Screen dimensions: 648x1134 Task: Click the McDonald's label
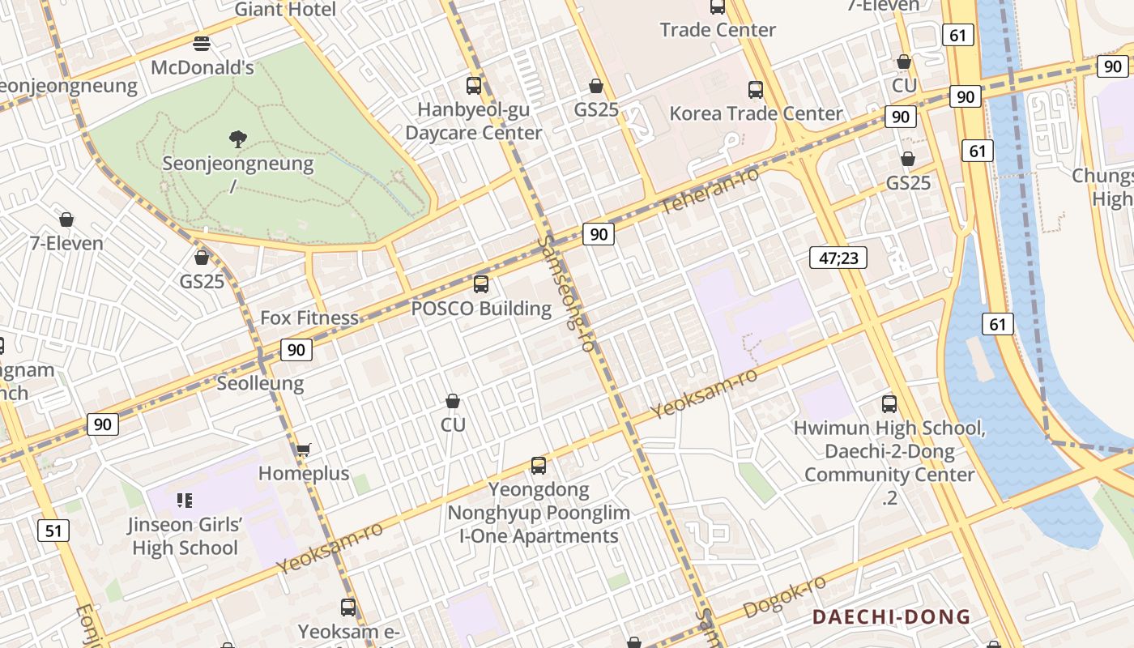point(202,67)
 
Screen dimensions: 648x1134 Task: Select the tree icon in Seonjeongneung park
point(238,139)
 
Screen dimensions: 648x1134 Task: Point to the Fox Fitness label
point(309,318)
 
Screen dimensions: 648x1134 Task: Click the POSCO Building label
point(481,309)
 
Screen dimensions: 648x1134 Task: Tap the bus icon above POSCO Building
point(481,284)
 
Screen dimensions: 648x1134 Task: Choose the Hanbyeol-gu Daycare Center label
point(474,121)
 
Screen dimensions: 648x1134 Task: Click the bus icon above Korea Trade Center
point(756,90)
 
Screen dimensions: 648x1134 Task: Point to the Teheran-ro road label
point(710,191)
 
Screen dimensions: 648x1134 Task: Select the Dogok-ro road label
point(784,598)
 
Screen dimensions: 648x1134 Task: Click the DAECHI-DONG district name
point(891,617)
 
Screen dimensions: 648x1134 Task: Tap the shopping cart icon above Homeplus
point(304,450)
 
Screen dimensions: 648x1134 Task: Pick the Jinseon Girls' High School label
point(185,535)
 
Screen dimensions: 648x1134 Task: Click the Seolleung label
point(260,383)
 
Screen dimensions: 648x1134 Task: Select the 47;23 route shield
point(838,258)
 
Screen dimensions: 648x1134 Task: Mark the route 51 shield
point(53,531)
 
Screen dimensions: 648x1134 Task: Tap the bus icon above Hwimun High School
point(889,404)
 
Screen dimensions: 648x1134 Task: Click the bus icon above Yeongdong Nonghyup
point(539,466)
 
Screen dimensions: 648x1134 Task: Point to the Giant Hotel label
point(285,10)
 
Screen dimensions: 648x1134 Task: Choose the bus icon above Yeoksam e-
point(348,607)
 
